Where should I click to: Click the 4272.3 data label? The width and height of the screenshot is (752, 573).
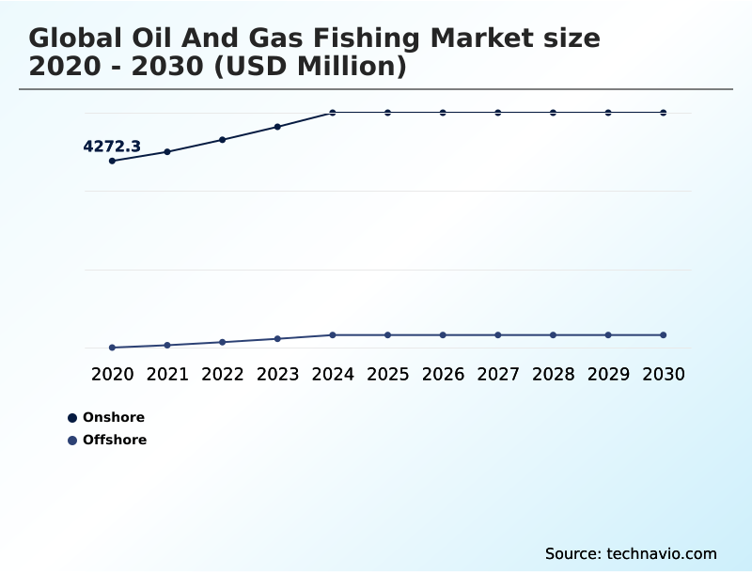tap(112, 147)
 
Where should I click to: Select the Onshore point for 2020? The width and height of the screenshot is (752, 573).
tap(113, 161)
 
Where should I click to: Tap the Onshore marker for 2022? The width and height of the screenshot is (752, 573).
tap(223, 140)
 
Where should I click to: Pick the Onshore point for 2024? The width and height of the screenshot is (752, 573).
tap(333, 113)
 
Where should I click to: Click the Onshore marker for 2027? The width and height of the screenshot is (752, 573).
tap(498, 113)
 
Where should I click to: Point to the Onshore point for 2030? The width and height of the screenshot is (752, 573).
tap(664, 113)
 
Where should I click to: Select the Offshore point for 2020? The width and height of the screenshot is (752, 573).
tap(113, 348)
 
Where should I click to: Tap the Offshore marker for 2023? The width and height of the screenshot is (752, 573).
tap(277, 339)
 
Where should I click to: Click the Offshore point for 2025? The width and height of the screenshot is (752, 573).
tap(388, 335)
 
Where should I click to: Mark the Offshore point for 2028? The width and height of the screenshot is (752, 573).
tap(554, 335)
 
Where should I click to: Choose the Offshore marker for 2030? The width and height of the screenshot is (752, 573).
tap(664, 335)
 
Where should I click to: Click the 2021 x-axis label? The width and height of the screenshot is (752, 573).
tap(167, 375)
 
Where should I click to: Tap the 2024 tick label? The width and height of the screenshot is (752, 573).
tap(333, 375)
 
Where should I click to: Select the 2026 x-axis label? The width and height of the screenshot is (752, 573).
tap(443, 375)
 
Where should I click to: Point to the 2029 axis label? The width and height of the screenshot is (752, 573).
tap(608, 375)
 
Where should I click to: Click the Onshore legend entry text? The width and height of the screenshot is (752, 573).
tap(114, 418)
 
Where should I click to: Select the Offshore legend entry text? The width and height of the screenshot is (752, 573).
tap(115, 440)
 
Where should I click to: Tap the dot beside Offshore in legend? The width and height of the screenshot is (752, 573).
tap(72, 440)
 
